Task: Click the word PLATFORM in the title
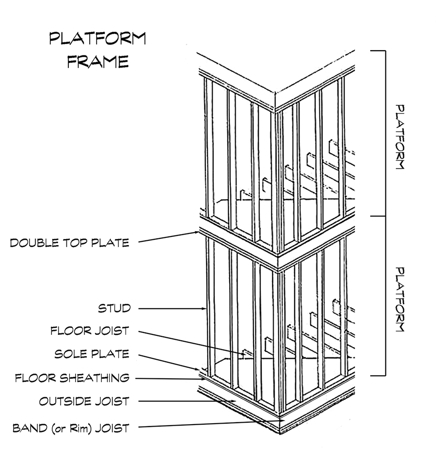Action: click(97, 39)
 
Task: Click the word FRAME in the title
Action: click(97, 61)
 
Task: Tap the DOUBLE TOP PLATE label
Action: click(70, 242)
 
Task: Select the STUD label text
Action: click(114, 308)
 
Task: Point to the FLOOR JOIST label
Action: click(89, 331)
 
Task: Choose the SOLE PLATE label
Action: click(92, 353)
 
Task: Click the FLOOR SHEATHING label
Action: click(72, 378)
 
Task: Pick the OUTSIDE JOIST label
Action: click(84, 401)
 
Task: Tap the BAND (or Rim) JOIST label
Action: click(71, 429)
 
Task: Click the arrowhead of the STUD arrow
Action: click(204, 308)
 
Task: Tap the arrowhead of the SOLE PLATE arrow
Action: click(200, 371)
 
